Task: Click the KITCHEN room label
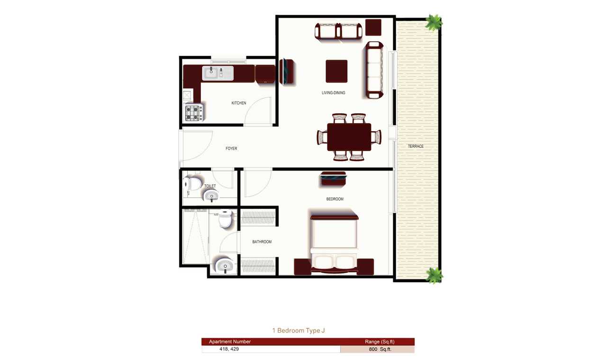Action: point(239,103)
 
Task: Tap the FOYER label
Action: point(231,148)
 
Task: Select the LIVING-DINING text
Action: point(333,93)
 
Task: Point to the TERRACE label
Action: point(416,146)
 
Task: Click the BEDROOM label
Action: point(335,199)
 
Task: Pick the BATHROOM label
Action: point(262,242)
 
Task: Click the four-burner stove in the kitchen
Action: point(194,112)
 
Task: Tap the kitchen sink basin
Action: point(218,73)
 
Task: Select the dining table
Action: point(349,137)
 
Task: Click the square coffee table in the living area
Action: point(336,71)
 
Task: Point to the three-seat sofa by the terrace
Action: point(374,70)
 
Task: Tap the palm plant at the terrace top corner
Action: point(434,22)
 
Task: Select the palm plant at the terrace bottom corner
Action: point(434,275)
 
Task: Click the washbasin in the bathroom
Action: point(225,265)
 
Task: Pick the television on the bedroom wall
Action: point(333,179)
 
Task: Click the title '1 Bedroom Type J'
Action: point(299,330)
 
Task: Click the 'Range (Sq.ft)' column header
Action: point(380,342)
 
